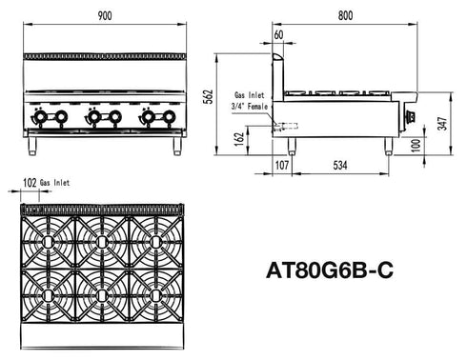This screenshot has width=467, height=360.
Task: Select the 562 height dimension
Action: [x=220, y=97]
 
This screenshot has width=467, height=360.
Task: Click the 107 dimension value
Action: [x=282, y=164]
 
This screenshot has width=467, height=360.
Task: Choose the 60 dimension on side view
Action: [x=278, y=35]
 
